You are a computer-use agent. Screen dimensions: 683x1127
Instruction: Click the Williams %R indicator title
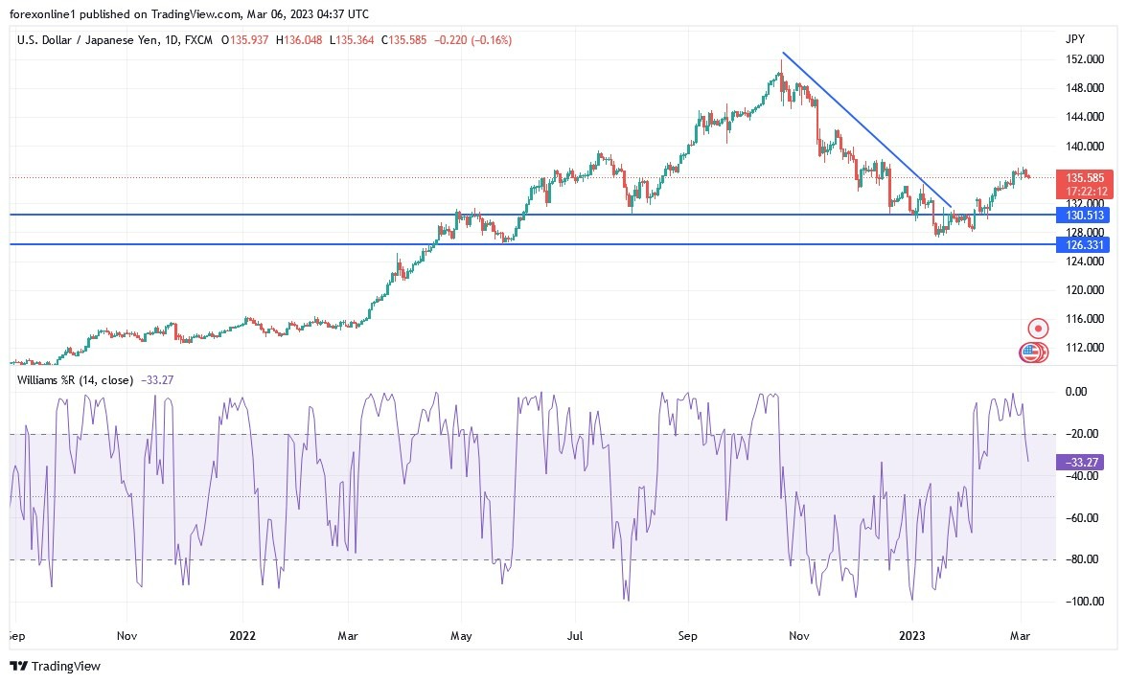click(x=75, y=380)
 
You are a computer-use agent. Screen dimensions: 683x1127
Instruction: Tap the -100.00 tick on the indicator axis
click(x=1080, y=602)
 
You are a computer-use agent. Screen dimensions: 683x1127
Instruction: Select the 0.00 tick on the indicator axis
click(x=1076, y=392)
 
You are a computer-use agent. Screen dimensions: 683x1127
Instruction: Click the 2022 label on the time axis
click(x=243, y=635)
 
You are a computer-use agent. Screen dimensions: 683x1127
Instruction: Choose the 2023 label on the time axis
click(x=911, y=635)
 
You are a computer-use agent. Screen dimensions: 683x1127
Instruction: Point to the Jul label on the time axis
click(x=575, y=635)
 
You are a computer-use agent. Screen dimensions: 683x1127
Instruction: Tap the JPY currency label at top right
click(x=1075, y=39)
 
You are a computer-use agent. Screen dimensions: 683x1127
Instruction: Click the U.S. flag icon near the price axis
click(x=1030, y=353)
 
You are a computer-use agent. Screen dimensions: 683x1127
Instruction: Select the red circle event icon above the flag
click(x=1037, y=329)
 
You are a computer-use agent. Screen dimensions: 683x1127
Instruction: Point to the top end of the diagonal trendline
click(x=783, y=53)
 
